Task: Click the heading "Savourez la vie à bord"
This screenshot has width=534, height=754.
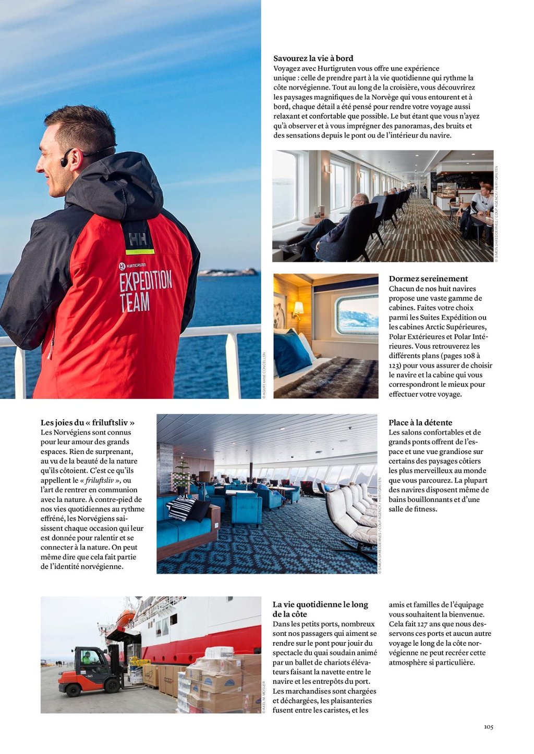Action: pyautogui.click(x=313, y=58)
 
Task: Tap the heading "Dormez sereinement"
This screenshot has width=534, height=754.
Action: pyautogui.click(x=428, y=279)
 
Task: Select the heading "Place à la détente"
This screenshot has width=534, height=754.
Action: pyautogui.click(x=420, y=423)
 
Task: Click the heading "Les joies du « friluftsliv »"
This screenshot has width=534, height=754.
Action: pyautogui.click(x=88, y=423)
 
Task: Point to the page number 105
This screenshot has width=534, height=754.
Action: pyautogui.click(x=488, y=727)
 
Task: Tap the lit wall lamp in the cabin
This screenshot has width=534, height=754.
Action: pyautogui.click(x=298, y=309)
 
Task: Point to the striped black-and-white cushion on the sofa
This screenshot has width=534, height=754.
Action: pyautogui.click(x=181, y=508)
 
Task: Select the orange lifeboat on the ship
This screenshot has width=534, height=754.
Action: pyautogui.click(x=125, y=618)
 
